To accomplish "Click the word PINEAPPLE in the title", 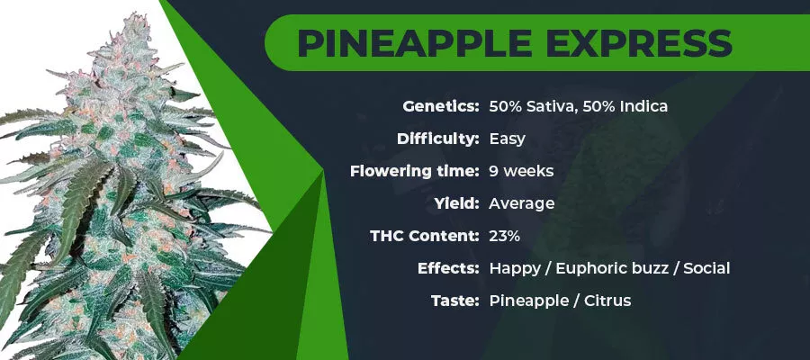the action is (414, 43).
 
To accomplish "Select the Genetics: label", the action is (441, 107).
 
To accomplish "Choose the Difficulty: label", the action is (438, 139).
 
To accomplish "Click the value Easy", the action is (508, 139).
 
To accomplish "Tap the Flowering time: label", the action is (414, 171).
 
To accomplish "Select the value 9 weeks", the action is (521, 171).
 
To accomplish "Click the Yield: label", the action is (456, 203).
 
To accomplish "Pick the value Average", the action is (522, 203).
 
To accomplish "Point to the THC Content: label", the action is (425, 236).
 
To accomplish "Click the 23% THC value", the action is (505, 236).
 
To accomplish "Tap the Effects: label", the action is (448, 268).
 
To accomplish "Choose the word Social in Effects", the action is (706, 268).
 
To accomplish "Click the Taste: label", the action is (455, 300).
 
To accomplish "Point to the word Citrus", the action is (607, 300).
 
